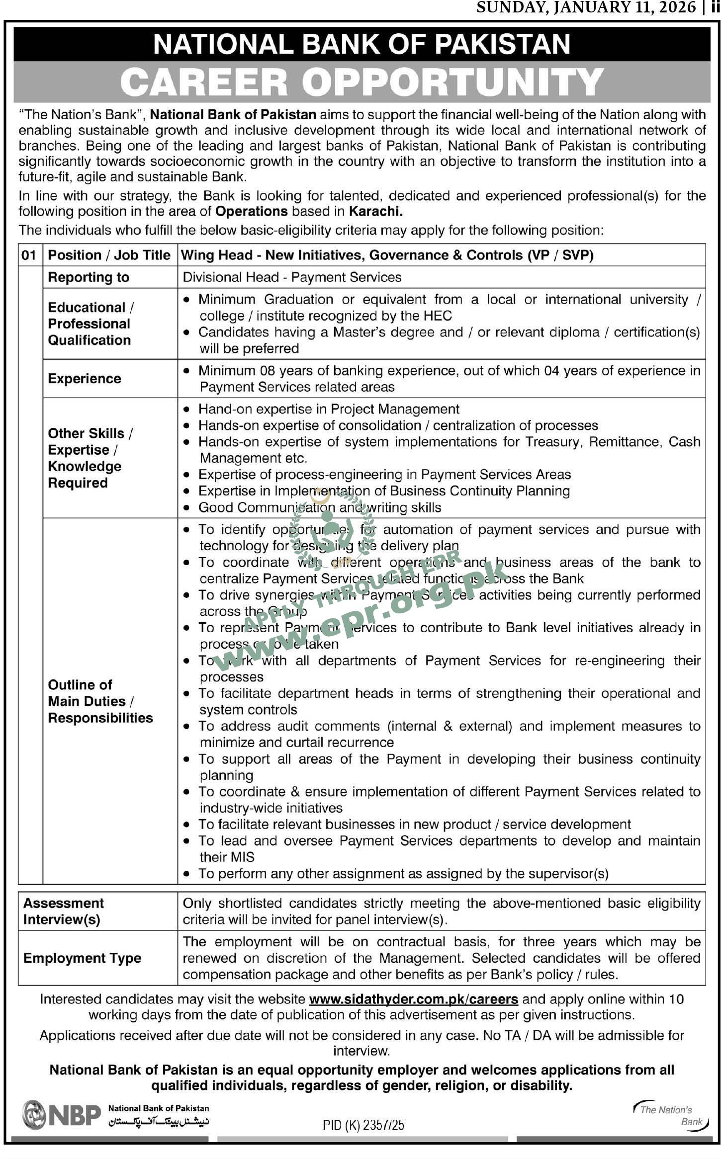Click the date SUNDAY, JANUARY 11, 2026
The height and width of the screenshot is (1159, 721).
click(586, 7)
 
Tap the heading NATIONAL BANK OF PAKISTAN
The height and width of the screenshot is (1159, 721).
click(361, 44)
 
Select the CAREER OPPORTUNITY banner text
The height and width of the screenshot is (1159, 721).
click(361, 82)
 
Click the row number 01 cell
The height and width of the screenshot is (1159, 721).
click(29, 255)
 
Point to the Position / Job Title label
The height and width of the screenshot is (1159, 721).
click(109, 255)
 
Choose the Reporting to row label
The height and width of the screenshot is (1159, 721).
click(89, 277)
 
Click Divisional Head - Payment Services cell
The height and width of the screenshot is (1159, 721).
click(292, 277)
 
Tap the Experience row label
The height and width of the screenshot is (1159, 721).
click(85, 379)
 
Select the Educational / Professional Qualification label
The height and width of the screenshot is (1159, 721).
click(90, 324)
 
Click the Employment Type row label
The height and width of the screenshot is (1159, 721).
click(82, 958)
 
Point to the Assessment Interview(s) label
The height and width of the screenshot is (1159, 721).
click(64, 911)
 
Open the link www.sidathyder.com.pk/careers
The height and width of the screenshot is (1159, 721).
click(414, 998)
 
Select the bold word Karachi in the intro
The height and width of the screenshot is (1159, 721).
click(375, 211)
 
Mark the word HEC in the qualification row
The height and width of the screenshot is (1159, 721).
click(438, 316)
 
